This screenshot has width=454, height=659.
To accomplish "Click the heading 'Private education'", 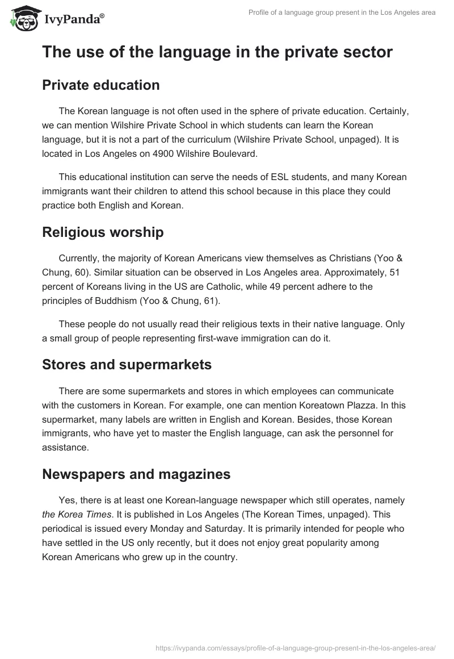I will point(100,85).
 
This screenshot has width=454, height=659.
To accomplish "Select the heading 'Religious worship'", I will point(103,232).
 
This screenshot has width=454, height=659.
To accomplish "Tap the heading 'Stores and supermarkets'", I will point(127,365).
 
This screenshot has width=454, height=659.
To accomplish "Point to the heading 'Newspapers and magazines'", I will point(136,474).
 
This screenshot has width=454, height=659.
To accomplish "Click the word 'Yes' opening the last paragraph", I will point(66,500).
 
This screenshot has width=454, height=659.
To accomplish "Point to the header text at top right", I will point(342,12).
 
